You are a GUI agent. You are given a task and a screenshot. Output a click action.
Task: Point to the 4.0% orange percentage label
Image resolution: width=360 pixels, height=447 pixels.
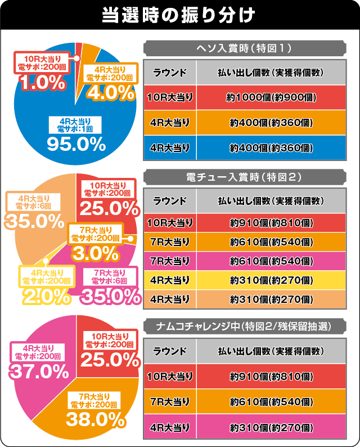(110, 92)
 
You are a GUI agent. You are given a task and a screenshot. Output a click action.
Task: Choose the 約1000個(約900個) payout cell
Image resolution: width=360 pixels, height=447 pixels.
(271, 97)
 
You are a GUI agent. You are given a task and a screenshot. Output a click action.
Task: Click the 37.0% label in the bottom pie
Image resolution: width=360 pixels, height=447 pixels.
(38, 372)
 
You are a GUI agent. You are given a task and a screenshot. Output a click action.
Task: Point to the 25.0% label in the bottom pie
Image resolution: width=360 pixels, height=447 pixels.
(110, 358)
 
